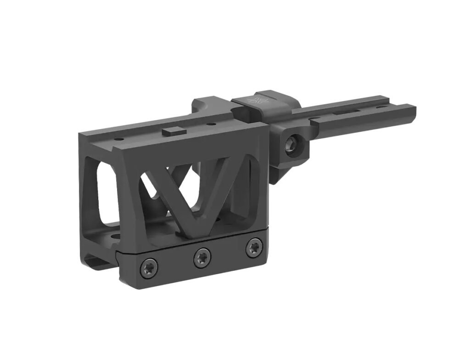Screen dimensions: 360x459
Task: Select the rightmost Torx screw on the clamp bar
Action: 252,248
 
